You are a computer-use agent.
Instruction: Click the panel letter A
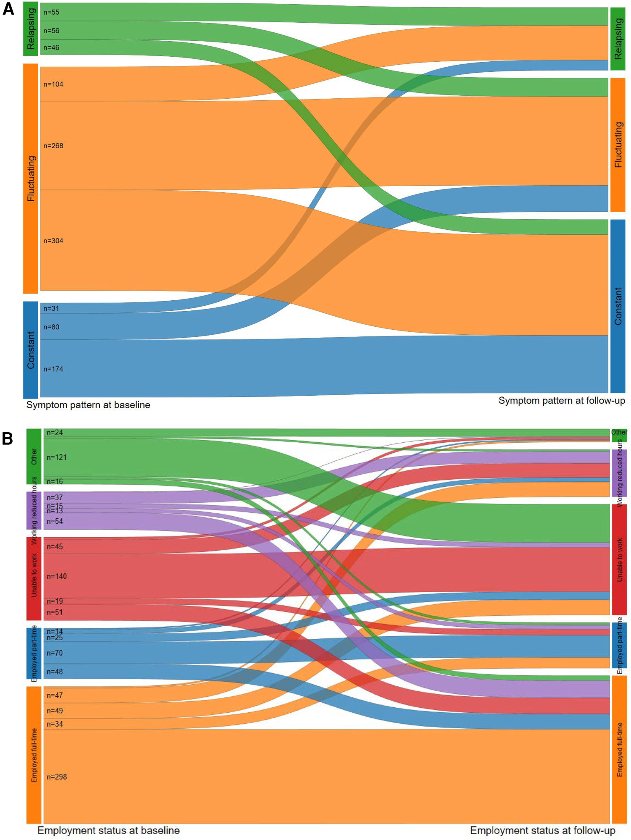point(8,9)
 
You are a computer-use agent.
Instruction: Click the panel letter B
point(8,438)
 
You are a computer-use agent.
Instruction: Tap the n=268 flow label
point(53,146)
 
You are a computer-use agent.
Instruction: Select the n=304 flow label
point(53,241)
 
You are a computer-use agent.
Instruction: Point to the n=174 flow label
point(53,369)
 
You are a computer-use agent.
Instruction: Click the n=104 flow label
point(53,84)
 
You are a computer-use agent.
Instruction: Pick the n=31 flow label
point(51,308)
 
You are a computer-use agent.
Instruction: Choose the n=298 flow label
point(57,777)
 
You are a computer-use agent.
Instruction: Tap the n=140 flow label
point(57,576)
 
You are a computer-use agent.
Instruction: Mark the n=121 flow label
point(57,457)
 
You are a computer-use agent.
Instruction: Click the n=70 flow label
point(55,653)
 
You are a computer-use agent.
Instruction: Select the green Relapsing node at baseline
point(31,29)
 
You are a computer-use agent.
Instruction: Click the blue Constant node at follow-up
point(618,306)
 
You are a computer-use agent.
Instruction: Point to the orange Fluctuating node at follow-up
point(618,144)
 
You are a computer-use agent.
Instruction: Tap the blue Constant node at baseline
point(31,349)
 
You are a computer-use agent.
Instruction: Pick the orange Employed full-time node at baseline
point(34,755)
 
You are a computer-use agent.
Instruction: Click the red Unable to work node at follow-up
point(619,559)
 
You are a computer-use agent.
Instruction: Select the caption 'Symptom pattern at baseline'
point(88,405)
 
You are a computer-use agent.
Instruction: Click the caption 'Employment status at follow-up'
point(542,830)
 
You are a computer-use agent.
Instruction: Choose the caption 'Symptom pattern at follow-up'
point(562,401)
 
